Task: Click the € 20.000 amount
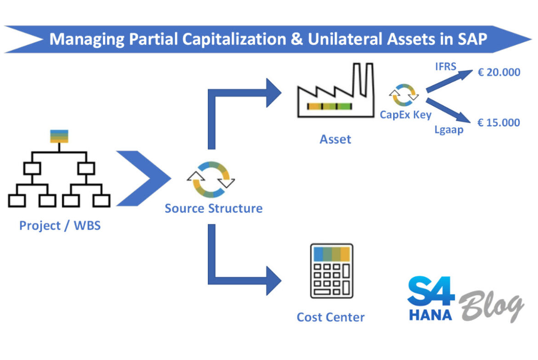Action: point(498,72)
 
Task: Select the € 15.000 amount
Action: point(498,122)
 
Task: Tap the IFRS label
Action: point(446,67)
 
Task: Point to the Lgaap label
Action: point(448,130)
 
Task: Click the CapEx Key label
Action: point(405,115)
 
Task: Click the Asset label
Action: point(335,139)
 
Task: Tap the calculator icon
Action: point(331,271)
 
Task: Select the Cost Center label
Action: point(331,317)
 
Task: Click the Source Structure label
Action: point(214,208)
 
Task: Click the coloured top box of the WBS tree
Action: point(59,137)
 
